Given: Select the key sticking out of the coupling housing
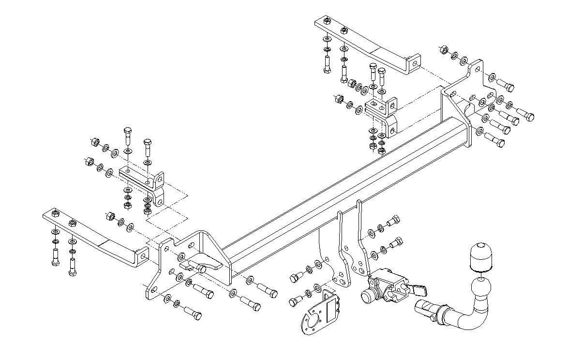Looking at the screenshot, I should click(x=419, y=290).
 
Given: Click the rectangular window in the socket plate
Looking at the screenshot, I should click(x=332, y=309).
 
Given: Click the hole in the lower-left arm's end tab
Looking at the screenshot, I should click(x=142, y=255).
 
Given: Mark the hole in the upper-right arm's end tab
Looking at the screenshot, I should click(x=414, y=63).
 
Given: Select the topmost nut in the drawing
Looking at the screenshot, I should click(x=327, y=22).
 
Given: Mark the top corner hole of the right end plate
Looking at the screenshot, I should click(x=478, y=69).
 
